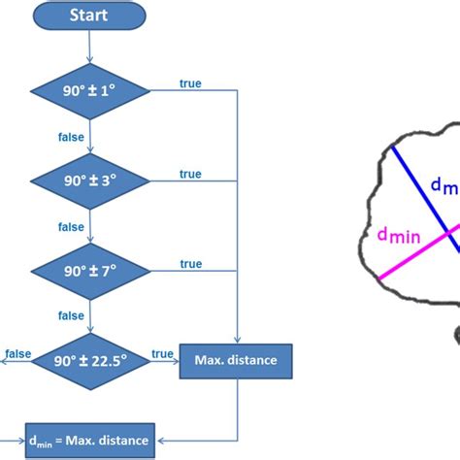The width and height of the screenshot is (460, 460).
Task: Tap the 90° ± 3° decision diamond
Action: (89, 181)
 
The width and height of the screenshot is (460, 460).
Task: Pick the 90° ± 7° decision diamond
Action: (89, 271)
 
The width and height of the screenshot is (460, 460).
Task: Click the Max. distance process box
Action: (236, 361)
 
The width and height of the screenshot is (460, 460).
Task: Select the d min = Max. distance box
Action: (88, 442)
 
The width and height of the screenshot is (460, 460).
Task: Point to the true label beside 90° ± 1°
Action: (190, 83)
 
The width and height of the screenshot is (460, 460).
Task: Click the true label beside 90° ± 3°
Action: (190, 174)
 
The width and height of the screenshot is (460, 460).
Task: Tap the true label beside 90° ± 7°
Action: (190, 264)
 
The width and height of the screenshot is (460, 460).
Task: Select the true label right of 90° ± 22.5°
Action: (162, 353)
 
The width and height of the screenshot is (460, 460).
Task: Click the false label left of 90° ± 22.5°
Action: (16, 353)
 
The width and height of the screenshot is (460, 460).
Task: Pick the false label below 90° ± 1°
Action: (71, 137)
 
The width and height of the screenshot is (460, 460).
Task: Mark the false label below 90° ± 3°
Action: (71, 227)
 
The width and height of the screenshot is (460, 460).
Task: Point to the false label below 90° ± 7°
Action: (71, 316)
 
